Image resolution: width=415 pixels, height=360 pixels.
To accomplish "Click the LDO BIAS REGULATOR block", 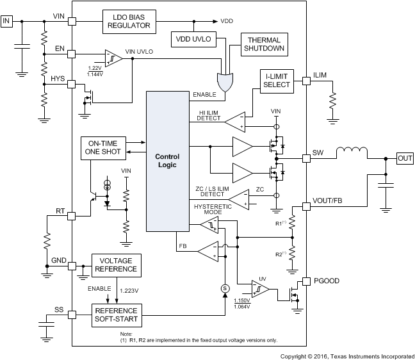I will pyautogui.click(x=129, y=20).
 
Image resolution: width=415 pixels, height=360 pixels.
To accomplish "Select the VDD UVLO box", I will pyautogui.click(x=194, y=39).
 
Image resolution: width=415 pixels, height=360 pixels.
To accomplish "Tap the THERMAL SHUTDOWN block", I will pyautogui.click(x=263, y=44).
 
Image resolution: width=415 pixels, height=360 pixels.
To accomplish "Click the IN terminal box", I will pyautogui.click(x=7, y=21).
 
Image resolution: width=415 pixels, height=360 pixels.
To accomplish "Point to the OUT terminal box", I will pyautogui.click(x=405, y=158).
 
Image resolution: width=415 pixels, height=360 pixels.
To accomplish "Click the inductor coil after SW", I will pyautogui.click(x=349, y=154).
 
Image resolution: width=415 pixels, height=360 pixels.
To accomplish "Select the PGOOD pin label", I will pyautogui.click(x=326, y=281).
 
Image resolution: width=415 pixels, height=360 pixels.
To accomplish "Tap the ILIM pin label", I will pyautogui.click(x=320, y=76).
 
